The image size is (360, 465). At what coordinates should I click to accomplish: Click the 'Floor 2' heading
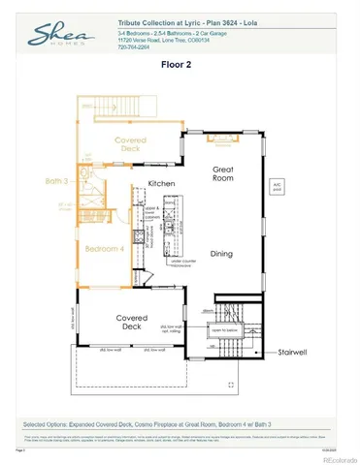[x=180, y=67]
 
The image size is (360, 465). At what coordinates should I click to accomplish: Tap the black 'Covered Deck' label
[x=131, y=322]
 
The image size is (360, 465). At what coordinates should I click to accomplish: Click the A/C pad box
[x=277, y=185]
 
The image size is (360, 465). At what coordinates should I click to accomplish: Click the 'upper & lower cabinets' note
[x=150, y=210]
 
